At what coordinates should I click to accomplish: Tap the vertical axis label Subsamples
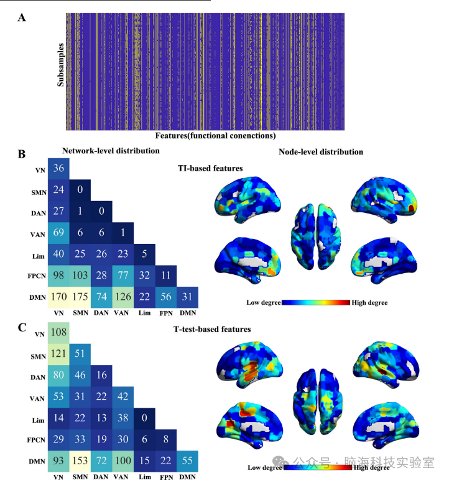(60, 73)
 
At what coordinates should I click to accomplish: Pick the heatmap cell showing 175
(80, 298)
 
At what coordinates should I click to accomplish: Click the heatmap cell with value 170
(58, 298)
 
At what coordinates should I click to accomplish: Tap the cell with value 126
(123, 298)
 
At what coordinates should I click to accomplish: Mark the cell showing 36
(58, 168)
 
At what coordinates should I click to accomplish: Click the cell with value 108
(58, 333)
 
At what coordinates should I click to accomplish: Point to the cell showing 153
(80, 462)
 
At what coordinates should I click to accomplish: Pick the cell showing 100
(123, 462)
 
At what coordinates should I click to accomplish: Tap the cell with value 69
(58, 233)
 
